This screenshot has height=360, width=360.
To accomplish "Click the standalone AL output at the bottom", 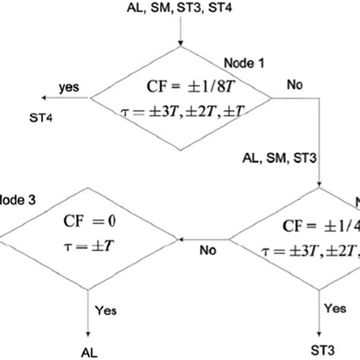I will [x=90, y=351].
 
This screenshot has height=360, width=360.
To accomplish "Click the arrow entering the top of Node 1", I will [x=181, y=34].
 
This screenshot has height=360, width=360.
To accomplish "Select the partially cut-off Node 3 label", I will [x=15, y=203].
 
